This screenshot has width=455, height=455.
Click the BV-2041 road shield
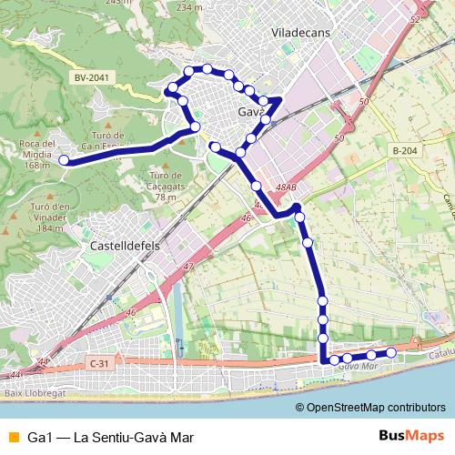coord(93,78)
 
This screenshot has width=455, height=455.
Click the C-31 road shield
coord(99,363)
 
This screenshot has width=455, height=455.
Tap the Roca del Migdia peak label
coord(35,155)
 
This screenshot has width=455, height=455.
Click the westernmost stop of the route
coord(64,160)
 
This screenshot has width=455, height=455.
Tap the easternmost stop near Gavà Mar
coord(391,352)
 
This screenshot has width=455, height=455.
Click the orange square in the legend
coord(13,437)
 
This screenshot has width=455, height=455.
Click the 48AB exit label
coord(286,188)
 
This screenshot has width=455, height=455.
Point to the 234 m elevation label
coord(190,7)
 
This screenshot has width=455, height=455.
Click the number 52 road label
coord(416,19)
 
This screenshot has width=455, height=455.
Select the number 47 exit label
coord(188,266)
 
